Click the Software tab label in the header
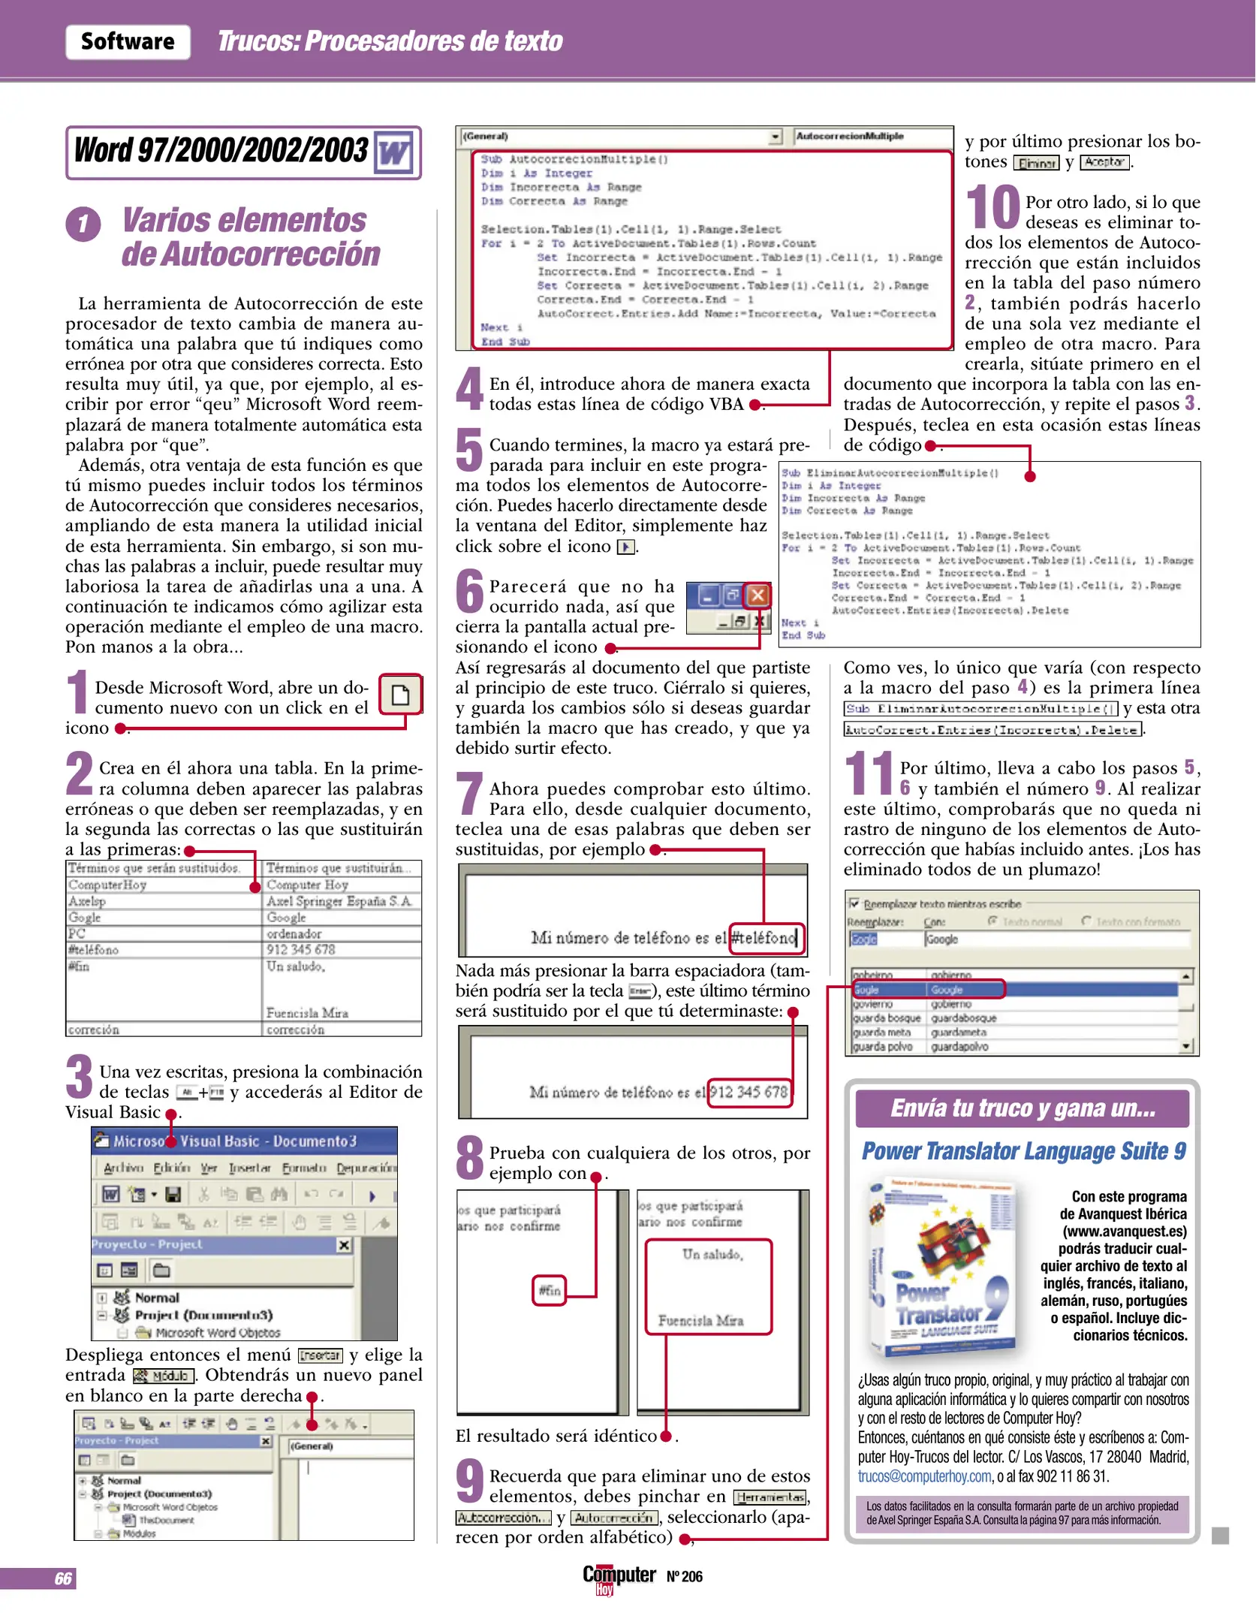128,41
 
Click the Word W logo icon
394,153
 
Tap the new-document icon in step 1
401,695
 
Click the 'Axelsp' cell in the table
88,901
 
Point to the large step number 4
470,389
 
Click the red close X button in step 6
758,595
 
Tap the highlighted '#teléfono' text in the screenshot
765,938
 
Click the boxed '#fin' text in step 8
550,1291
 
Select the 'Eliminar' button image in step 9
1036,163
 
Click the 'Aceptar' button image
1104,162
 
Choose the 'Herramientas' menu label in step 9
770,1497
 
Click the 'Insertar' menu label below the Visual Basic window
321,1355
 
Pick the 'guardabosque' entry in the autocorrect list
964,1018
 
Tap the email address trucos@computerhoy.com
925,1476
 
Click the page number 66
63,1578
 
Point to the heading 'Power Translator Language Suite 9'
1023,1151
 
